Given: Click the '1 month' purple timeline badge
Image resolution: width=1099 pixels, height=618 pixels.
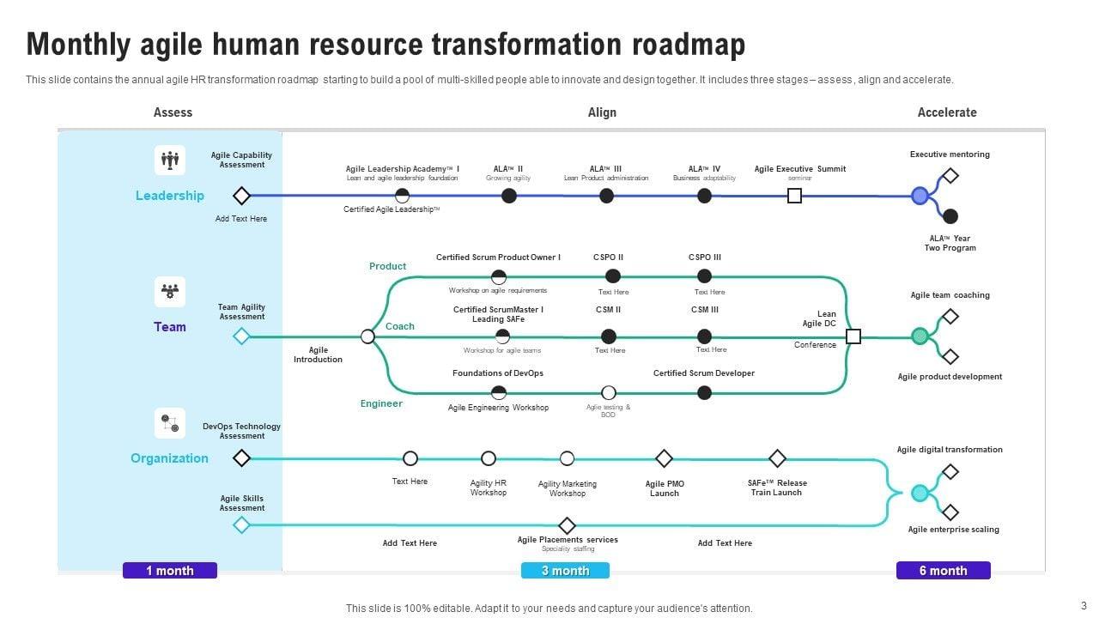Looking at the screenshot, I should click(x=170, y=570).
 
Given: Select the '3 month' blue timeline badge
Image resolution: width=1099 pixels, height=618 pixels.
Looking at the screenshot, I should click(x=565, y=570).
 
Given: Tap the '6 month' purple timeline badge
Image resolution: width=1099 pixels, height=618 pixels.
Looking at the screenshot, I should click(x=943, y=570).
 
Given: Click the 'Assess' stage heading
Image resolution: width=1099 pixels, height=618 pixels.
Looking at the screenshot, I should click(x=173, y=112).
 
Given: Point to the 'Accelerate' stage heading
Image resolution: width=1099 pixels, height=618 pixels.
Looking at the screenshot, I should click(x=946, y=112).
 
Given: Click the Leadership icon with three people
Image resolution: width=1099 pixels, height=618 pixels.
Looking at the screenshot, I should click(x=170, y=160).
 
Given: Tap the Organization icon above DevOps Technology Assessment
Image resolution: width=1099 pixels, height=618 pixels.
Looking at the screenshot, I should click(x=170, y=422).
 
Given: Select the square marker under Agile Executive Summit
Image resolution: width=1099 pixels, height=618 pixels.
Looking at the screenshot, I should click(x=795, y=196).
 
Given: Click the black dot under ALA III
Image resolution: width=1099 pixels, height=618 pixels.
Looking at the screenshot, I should click(x=606, y=196).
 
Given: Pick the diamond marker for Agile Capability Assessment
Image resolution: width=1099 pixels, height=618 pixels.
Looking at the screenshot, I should click(x=242, y=196).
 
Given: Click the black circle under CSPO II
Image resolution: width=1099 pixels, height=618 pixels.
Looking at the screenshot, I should click(x=613, y=276).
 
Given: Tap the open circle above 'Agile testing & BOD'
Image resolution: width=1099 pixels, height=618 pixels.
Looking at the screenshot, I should click(x=609, y=393).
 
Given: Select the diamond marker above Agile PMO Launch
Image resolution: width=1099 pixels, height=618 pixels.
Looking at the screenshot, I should click(x=664, y=458).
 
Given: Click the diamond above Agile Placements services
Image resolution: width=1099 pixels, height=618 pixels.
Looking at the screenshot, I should click(x=567, y=525).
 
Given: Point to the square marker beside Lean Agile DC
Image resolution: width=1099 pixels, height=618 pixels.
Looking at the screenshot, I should click(x=853, y=336).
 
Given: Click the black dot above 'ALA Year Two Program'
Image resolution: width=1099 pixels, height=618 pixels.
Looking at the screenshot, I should click(x=950, y=216).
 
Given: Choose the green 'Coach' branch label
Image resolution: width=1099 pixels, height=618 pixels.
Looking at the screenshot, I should click(x=400, y=326).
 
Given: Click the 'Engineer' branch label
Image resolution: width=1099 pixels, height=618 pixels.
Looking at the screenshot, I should click(x=381, y=403).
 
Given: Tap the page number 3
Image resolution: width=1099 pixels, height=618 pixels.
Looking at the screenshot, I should click(x=1084, y=604).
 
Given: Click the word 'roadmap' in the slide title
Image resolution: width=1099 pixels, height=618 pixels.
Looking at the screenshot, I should click(x=683, y=45).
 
